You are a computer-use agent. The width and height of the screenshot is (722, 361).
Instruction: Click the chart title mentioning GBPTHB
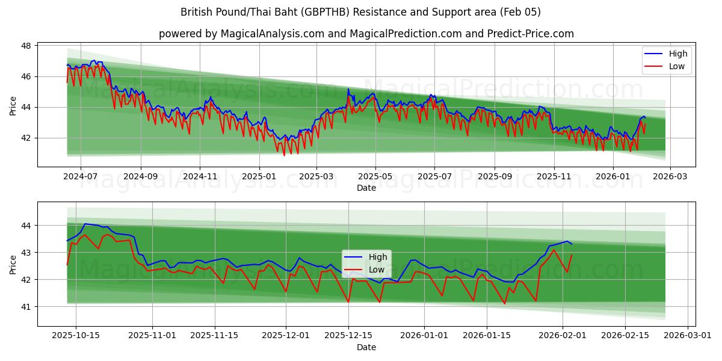[x=360, y=12]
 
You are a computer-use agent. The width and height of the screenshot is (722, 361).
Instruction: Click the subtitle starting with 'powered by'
[x=366, y=34]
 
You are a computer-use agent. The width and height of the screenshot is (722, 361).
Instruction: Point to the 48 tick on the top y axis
[x=26, y=46]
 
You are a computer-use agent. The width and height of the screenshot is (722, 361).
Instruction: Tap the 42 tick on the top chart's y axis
[x=26, y=138]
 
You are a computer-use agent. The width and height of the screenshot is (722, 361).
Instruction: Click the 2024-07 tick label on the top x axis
[x=79, y=177]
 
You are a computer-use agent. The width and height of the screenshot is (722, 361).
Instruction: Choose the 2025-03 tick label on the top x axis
[x=316, y=177]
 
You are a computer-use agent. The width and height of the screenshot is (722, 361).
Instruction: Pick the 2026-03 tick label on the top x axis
[x=670, y=177]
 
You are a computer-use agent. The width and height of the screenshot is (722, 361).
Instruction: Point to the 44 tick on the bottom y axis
[x=26, y=226]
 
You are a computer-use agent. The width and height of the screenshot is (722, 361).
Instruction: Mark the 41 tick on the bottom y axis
[x=26, y=307]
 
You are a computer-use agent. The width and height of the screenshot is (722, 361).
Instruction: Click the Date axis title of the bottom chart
[x=366, y=347]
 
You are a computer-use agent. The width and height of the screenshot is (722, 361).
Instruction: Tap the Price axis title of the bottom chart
[x=13, y=264]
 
